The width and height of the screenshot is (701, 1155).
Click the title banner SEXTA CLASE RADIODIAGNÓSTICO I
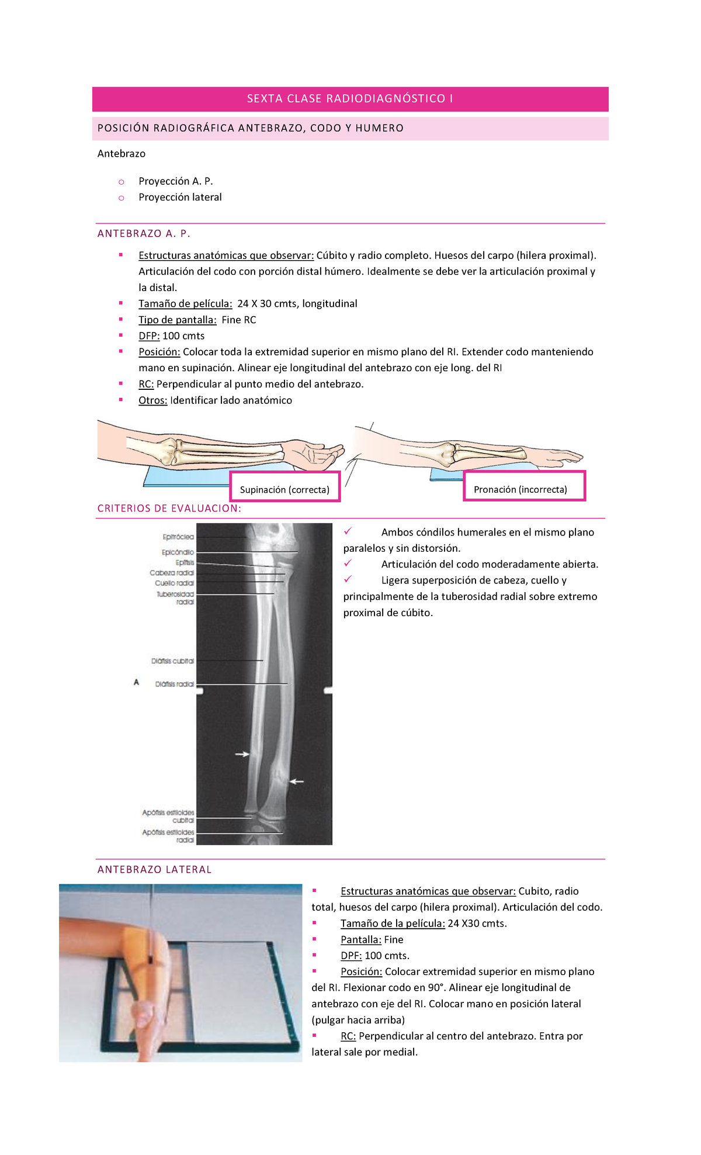(350, 99)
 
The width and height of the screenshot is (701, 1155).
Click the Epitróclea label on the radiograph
(178, 537)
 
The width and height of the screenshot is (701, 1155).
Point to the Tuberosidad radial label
(175, 597)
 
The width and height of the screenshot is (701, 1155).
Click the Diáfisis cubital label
(172, 661)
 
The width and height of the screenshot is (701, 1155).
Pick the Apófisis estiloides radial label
(168, 836)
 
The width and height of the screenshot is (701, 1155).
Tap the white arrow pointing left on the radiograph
(297, 781)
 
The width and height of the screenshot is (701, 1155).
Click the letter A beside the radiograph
(136, 682)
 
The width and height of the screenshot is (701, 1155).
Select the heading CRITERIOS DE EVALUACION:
(169, 509)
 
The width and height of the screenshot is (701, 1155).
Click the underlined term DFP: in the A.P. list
(149, 336)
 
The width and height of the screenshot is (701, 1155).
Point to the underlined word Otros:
(152, 400)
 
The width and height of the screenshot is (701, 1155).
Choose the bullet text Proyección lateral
(180, 198)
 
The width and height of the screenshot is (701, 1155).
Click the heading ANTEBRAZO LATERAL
(154, 870)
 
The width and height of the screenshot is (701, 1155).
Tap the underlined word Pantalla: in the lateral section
(360, 939)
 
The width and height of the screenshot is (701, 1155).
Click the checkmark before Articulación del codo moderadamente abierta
(348, 563)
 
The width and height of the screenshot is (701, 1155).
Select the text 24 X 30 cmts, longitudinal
(297, 304)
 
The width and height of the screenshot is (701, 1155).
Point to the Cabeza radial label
(172, 573)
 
